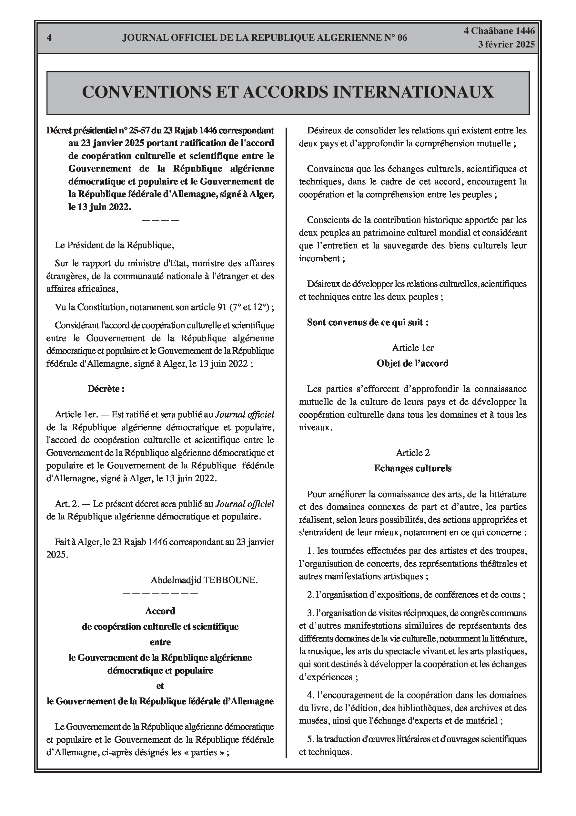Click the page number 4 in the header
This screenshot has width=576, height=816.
point(49,38)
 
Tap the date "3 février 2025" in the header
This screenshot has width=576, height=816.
point(506,45)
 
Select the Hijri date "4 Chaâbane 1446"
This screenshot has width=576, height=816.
point(499,31)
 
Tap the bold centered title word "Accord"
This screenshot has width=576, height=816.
point(160,611)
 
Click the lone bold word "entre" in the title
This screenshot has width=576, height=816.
point(160,642)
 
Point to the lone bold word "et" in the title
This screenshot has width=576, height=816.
point(160,685)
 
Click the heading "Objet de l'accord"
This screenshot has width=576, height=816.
point(413,363)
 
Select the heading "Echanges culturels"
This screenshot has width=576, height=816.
point(413,468)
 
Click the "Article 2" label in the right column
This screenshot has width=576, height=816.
point(413,453)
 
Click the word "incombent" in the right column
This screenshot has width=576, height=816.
point(319,258)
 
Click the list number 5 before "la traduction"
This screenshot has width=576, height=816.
point(310,739)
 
